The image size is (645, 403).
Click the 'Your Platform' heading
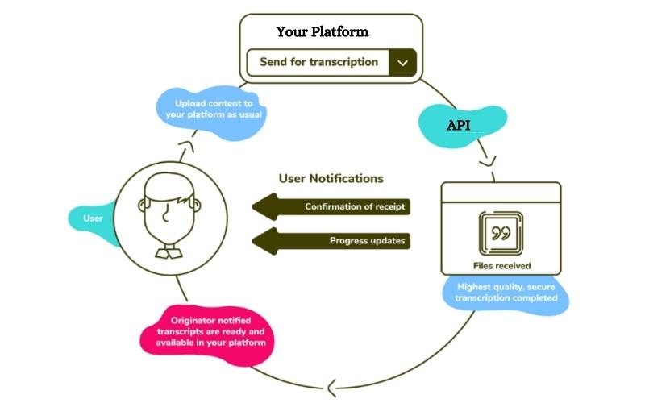[322, 32]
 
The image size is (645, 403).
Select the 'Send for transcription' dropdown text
[318, 62]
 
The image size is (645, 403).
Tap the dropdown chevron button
[402, 63]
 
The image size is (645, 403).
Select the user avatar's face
[168, 211]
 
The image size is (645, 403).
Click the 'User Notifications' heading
[331, 178]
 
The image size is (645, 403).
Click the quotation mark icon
[501, 233]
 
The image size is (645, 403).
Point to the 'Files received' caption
[501, 264]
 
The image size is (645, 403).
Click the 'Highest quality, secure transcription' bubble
[507, 293]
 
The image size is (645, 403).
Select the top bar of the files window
[501, 192]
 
